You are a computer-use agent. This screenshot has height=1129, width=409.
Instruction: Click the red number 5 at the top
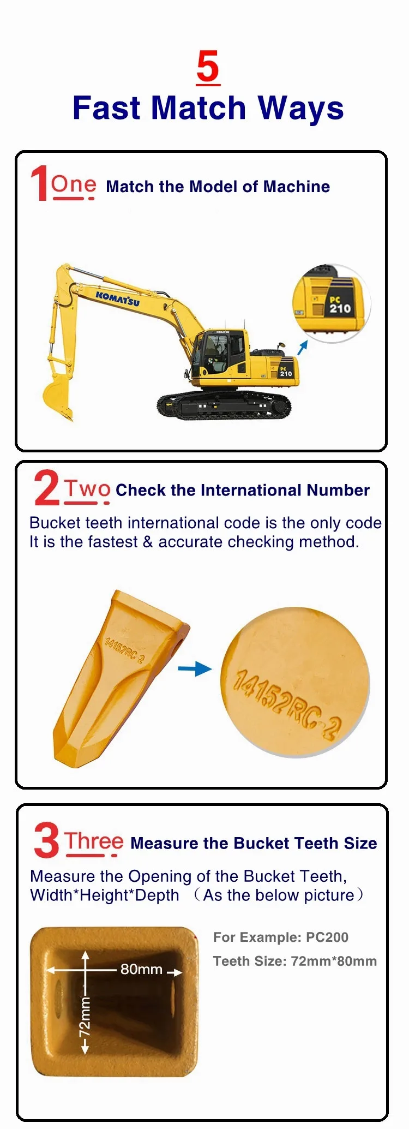[x=208, y=68]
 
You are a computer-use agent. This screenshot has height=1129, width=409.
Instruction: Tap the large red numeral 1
[x=39, y=184]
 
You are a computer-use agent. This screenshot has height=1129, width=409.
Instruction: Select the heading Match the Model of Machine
[x=218, y=187]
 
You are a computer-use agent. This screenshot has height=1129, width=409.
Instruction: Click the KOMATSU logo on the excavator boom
[x=117, y=298]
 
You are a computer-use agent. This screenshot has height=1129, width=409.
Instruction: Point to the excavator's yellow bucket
[x=57, y=393]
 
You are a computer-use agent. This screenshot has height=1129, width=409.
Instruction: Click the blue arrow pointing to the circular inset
[x=303, y=347]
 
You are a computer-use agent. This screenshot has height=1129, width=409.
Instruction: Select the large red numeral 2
[x=46, y=488]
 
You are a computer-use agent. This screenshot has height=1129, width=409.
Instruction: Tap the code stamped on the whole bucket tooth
[x=124, y=649]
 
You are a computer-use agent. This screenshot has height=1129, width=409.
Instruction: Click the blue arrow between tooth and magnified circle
[x=195, y=668]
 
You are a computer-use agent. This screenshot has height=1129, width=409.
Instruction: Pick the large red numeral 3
[x=46, y=841]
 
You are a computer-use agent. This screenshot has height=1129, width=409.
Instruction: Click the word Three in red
[x=94, y=841]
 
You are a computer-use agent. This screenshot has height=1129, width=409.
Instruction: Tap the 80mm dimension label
[x=141, y=969]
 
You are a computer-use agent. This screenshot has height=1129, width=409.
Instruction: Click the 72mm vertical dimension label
[x=85, y=1015]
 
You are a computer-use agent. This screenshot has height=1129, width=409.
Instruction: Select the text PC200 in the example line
[x=327, y=937]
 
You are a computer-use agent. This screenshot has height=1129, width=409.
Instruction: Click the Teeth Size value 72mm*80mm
[x=334, y=961]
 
